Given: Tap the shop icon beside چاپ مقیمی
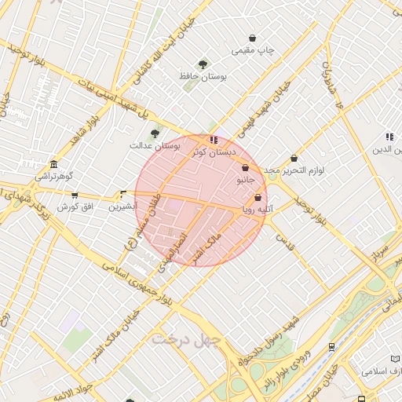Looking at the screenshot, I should (252, 38).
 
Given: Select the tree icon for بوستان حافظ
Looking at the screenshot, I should (203, 64).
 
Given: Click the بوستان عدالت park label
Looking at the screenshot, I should (155, 146).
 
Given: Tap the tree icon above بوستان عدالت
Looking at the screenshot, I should (155, 133).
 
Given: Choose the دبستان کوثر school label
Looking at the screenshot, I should (213, 152).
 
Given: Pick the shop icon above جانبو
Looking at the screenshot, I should (245, 167).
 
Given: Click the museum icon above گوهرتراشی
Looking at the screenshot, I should (53, 165).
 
